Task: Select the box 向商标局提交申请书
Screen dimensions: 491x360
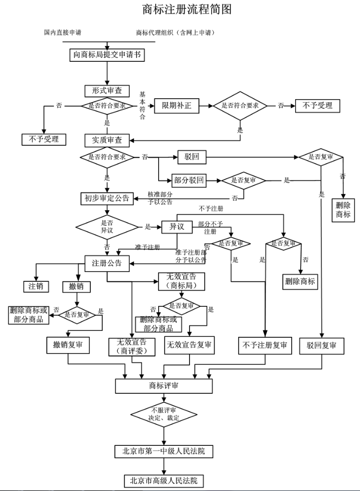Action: [x=107, y=55]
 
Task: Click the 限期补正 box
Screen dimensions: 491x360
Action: [x=177, y=106]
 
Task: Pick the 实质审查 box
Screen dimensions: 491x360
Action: [x=107, y=140]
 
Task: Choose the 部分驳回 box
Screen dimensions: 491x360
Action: [x=188, y=180]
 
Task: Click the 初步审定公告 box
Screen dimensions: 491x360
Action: [x=107, y=198]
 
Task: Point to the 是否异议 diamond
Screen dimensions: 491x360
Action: [x=107, y=227]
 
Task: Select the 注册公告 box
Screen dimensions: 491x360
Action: [x=107, y=263]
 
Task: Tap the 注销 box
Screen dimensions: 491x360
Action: [x=36, y=286]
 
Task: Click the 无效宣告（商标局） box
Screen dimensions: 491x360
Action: [x=181, y=281]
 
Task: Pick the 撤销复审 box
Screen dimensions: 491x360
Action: [x=68, y=345]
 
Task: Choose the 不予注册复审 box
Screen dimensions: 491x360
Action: [x=265, y=346]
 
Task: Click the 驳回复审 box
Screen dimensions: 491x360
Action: [x=322, y=346]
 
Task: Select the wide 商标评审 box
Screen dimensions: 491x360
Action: [x=164, y=386]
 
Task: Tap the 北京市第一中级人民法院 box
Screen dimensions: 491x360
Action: [x=164, y=451]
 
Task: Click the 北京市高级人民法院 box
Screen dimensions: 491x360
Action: [x=164, y=480]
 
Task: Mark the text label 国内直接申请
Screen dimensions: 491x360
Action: [x=62, y=32]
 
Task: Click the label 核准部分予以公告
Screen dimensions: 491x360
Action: [x=160, y=198]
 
